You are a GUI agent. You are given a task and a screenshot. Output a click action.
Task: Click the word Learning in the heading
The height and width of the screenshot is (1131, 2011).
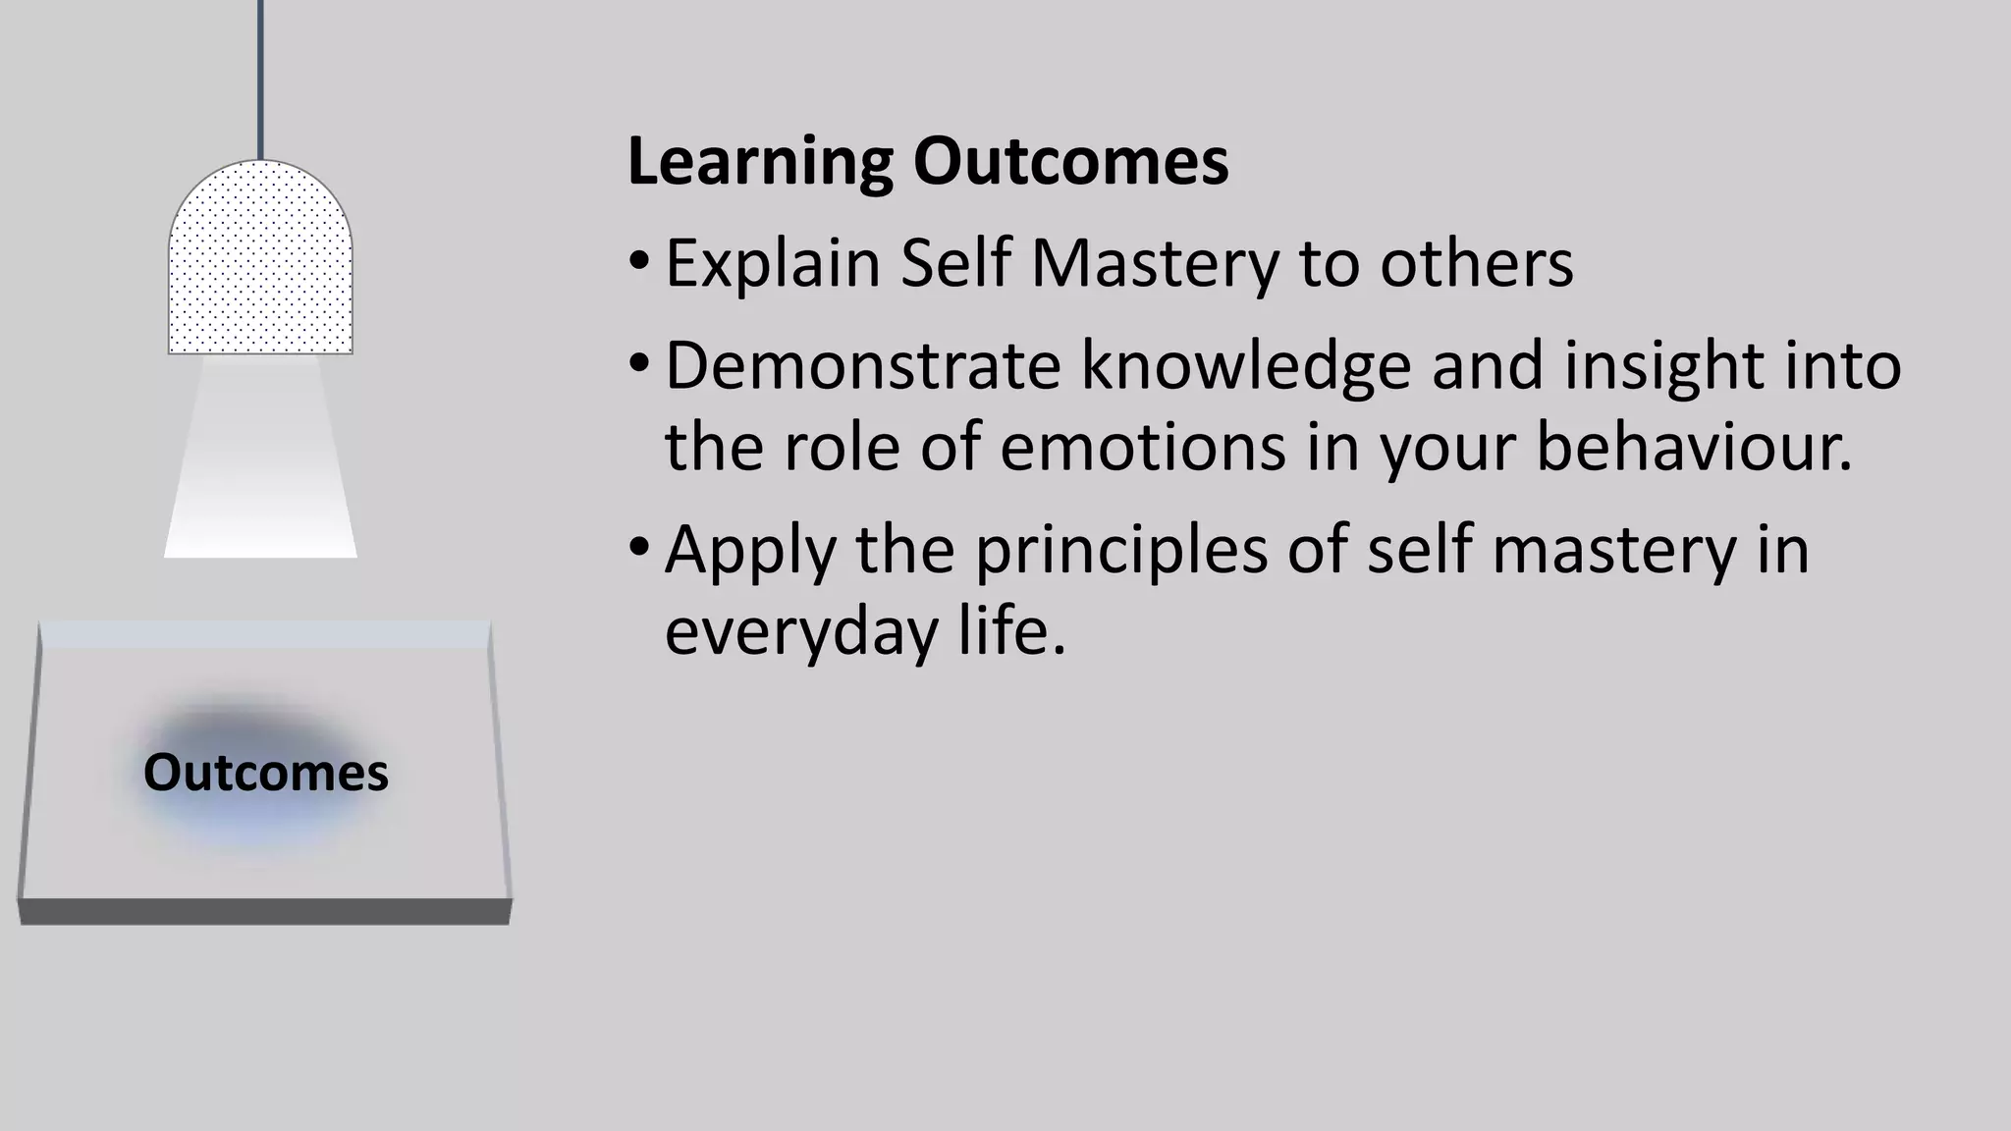coord(759,163)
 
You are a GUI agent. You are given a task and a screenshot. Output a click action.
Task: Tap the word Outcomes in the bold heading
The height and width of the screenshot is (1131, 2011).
coord(1070,163)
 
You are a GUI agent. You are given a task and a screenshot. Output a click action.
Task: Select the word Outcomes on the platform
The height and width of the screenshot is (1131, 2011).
coord(265,773)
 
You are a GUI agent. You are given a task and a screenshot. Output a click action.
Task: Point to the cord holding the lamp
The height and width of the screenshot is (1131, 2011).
coord(260,79)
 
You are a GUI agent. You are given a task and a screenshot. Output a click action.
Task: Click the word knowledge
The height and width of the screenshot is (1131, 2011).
coord(1246,365)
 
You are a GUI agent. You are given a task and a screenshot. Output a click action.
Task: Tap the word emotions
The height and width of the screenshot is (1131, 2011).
coord(1143,447)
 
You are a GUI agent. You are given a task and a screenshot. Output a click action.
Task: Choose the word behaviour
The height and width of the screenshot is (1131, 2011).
coord(1693,447)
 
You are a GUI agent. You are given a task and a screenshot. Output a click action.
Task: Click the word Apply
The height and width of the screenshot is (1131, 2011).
coord(750,550)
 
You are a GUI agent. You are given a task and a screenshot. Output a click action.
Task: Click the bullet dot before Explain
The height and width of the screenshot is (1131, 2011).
coord(639,261)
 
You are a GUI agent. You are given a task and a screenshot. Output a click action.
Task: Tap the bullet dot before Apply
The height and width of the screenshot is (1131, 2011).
coord(639,546)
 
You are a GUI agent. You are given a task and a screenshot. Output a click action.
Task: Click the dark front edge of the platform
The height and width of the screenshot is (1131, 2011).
coord(265,911)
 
